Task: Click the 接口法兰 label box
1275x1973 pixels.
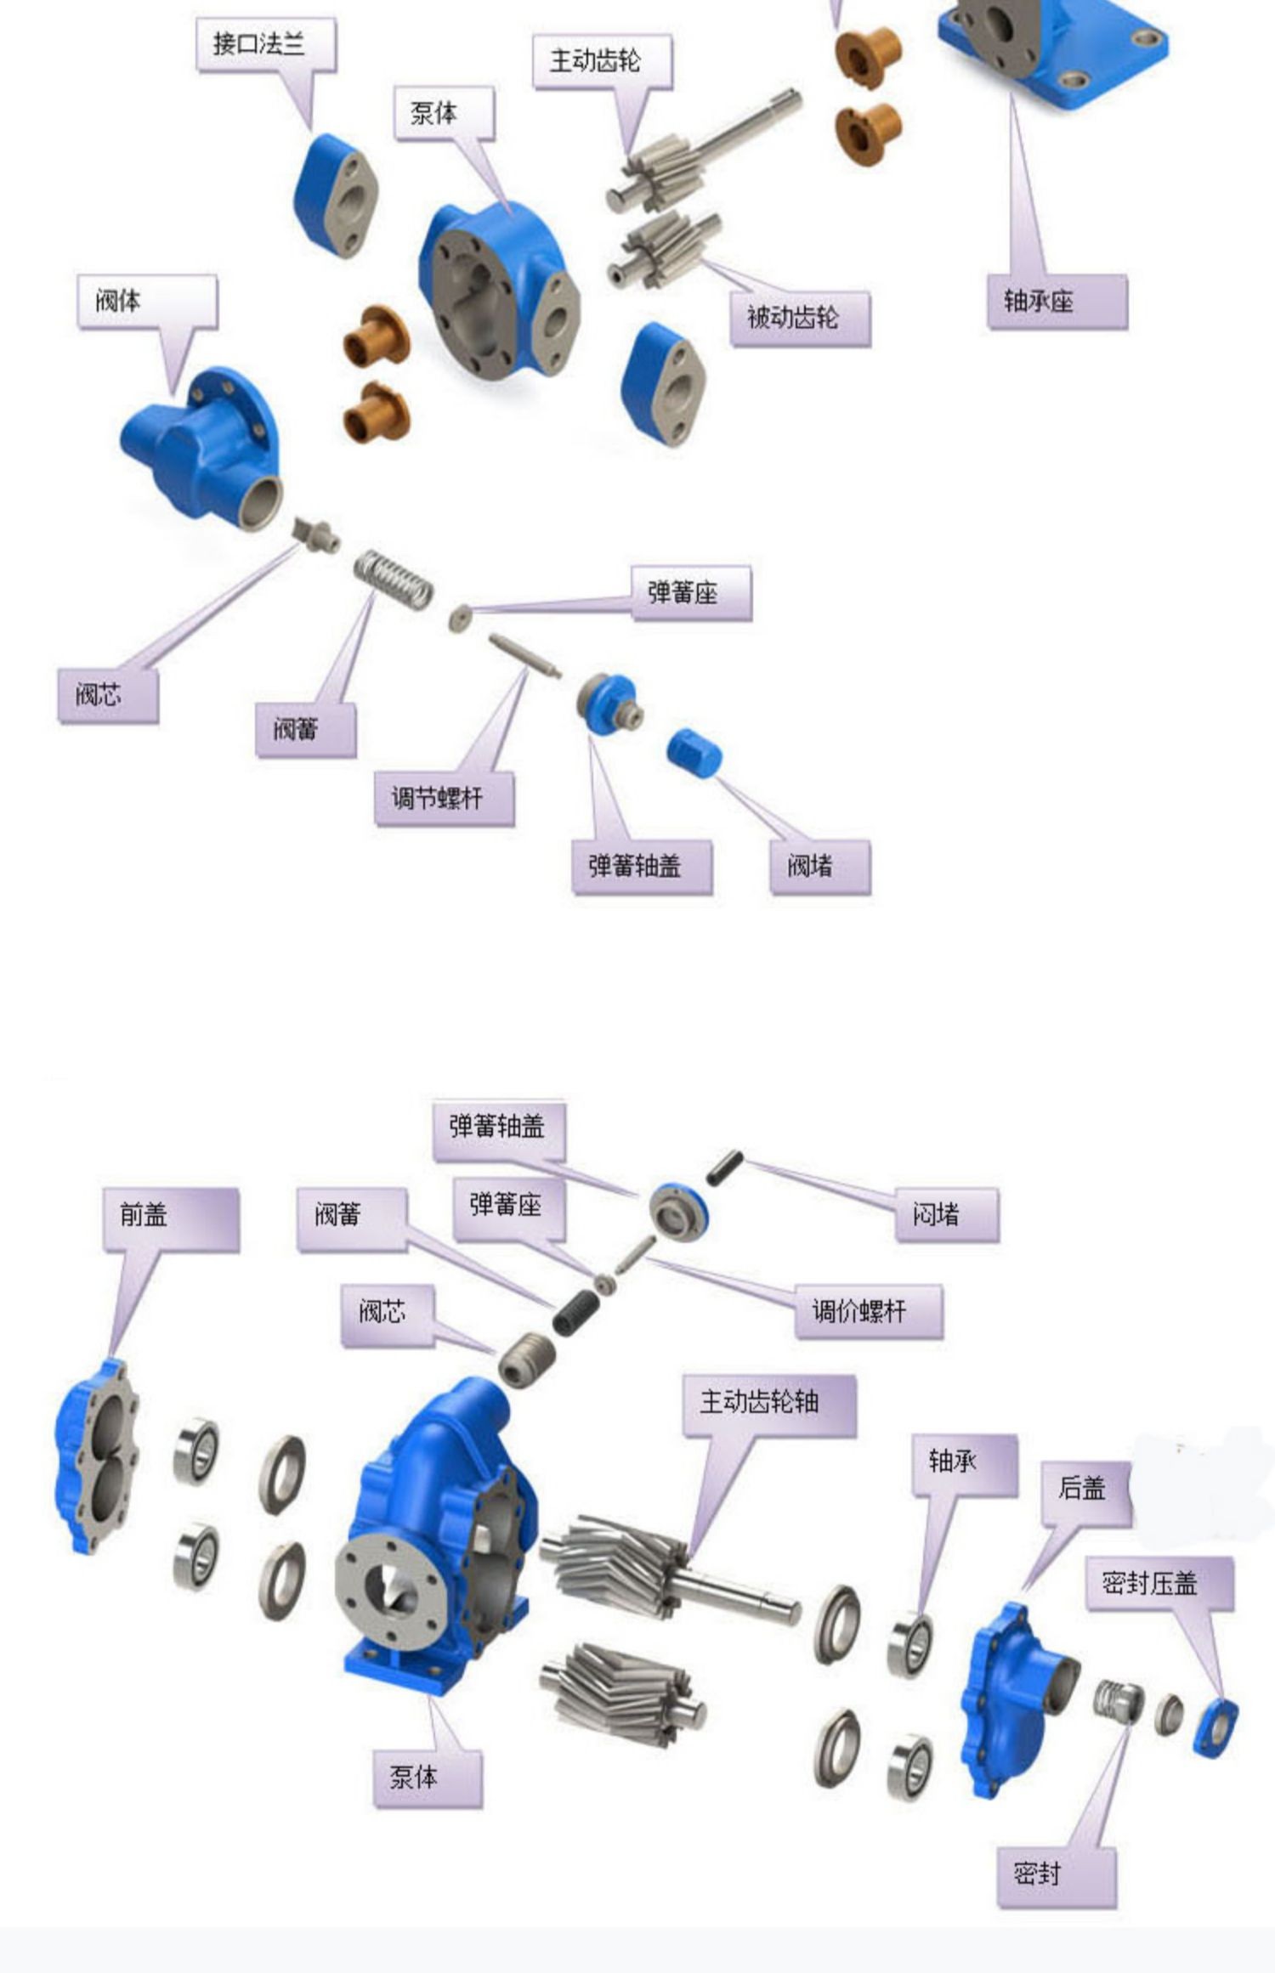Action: (x=265, y=45)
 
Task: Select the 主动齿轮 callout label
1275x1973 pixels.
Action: (x=602, y=61)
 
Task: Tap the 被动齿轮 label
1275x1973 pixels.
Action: (x=800, y=319)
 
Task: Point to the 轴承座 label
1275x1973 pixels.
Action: (x=1057, y=301)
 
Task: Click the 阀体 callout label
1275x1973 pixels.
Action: (x=147, y=301)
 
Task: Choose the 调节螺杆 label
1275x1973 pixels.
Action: (x=445, y=798)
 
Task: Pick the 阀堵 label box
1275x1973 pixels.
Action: (x=820, y=867)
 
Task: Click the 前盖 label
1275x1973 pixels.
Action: (x=171, y=1219)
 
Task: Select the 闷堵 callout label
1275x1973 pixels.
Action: (x=949, y=1215)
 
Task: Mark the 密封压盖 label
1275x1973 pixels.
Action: (x=1159, y=1583)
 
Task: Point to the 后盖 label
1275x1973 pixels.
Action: (x=1087, y=1487)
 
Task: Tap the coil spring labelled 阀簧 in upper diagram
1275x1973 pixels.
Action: (x=394, y=579)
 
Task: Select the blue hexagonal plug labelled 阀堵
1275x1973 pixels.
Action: (x=694, y=752)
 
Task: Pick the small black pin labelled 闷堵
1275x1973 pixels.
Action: (x=724, y=1167)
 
